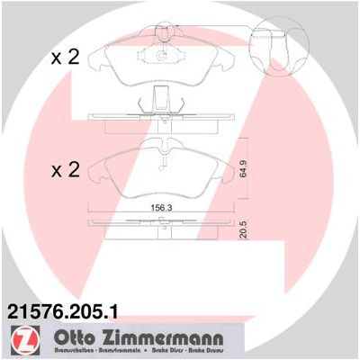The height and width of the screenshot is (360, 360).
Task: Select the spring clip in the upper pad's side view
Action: pyautogui.click(x=163, y=103)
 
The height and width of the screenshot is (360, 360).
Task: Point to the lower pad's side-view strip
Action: pyautogui.click(x=163, y=227)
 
